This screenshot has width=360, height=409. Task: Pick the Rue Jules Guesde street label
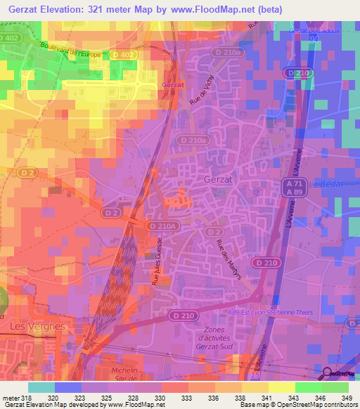pos(160,264)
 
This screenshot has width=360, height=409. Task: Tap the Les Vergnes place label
pos(39,327)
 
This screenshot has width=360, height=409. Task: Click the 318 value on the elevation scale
pos(25,397)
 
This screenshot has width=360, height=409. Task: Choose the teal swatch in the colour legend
pos(41,387)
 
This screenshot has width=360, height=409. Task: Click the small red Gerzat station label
pos(172,84)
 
